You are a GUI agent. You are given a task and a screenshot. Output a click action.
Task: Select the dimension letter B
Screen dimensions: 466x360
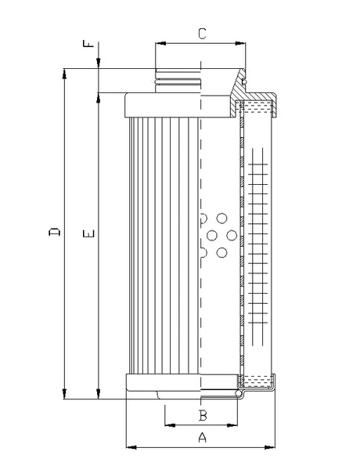pyautogui.click(x=202, y=415)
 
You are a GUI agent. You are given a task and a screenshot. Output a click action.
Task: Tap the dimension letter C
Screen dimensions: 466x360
pyautogui.click(x=201, y=34)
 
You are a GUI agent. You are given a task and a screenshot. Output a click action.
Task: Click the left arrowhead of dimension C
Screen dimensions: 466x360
pyautogui.click(x=159, y=43)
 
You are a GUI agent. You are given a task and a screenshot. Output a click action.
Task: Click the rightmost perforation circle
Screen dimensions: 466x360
pyautogui.click(x=232, y=234)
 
